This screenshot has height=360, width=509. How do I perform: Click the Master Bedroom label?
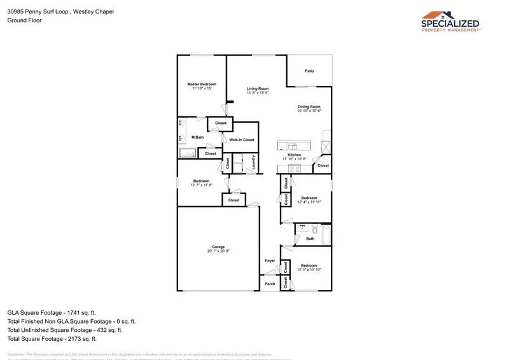pos(202,84)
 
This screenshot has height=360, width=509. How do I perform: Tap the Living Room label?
pos(258,88)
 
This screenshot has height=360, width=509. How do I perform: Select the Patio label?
pos(309,71)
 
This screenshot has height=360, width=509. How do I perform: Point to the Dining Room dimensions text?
pos(309,111)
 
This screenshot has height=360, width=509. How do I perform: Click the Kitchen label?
pos(294,155)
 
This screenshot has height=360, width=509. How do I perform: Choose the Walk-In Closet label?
pos(242,140)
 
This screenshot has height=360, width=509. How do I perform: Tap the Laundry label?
pos(253,163)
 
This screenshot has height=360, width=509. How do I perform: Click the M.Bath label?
pos(198,137)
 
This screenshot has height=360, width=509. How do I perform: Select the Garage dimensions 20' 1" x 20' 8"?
pos(218,251)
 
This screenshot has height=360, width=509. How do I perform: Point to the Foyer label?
pos(270,261)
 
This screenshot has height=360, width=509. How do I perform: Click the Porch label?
pos(270,284)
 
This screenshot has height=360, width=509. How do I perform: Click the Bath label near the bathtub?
pos(310,239)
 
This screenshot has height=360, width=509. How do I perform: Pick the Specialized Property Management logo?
pos(451,21)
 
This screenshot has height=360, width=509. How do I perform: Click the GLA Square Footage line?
pos(52,313)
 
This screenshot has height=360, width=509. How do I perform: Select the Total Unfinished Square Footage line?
pos(65,330)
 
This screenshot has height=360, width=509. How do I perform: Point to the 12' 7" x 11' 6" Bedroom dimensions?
pos(202,185)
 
